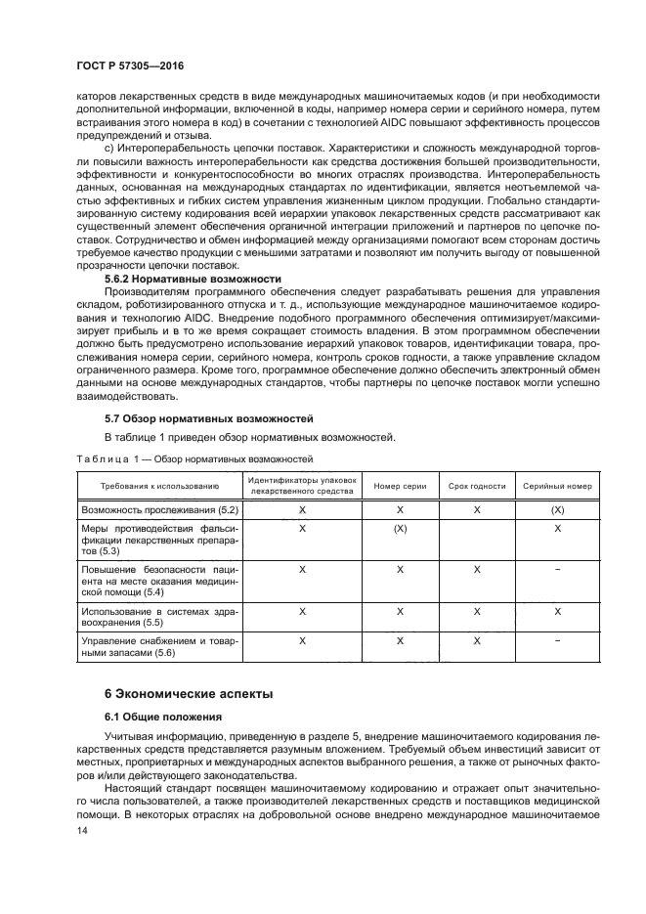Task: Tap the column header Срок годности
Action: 477,486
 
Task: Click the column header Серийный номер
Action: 557,486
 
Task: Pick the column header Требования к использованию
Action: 158,486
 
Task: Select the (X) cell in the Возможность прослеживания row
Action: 557,510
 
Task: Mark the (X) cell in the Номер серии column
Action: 400,528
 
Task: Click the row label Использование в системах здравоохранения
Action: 158,616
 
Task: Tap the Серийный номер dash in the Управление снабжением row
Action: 557,641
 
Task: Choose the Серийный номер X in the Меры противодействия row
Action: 557,528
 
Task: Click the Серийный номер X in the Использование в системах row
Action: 557,610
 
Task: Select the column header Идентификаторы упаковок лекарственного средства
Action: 302,486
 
